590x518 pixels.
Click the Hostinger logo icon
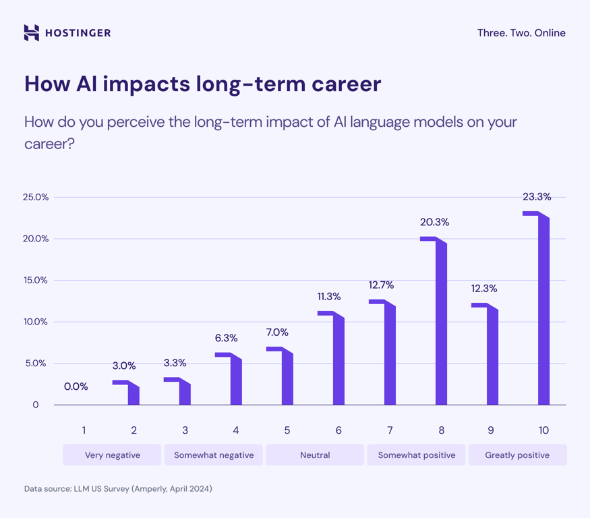(x=31, y=33)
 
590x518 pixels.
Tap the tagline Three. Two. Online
(x=521, y=33)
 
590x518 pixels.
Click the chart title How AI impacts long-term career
(x=202, y=84)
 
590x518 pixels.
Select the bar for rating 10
(x=543, y=310)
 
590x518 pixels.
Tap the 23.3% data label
(x=537, y=197)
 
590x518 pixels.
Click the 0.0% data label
(x=76, y=386)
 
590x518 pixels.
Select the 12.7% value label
(x=381, y=285)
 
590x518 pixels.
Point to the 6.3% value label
(x=226, y=338)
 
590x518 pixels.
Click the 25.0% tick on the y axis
(x=36, y=198)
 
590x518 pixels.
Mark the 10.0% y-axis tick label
(x=36, y=322)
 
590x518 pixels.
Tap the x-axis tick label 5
(x=287, y=430)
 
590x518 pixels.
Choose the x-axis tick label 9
(x=491, y=430)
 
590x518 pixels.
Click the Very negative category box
(x=113, y=455)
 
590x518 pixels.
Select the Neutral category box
(x=315, y=455)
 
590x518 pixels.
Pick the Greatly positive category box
(x=517, y=455)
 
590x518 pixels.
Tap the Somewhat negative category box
(x=214, y=455)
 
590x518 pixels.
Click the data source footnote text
(x=118, y=488)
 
